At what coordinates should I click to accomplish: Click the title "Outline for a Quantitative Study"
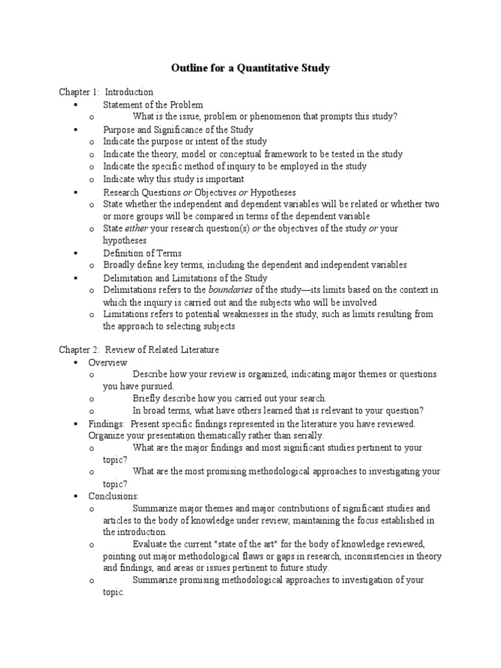tap(250, 68)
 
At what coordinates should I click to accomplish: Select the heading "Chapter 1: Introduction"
tap(106, 92)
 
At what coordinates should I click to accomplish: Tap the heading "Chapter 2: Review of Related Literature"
tap(139, 350)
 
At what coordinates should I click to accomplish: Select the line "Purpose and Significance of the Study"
tap(178, 130)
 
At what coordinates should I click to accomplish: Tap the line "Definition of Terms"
tap(142, 253)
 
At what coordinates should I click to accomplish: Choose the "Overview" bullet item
tap(108, 363)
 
